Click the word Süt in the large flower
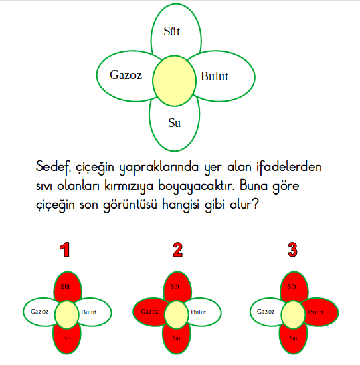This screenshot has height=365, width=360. point(172,31)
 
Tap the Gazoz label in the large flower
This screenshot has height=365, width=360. point(126,75)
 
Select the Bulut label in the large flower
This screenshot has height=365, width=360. point(214,76)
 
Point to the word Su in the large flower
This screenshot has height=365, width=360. point(174,123)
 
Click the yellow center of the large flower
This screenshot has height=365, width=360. point(174,81)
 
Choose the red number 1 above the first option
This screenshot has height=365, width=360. point(64,249)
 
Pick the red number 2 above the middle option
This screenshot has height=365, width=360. point(177,249)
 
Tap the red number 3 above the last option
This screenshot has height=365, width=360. point(292,249)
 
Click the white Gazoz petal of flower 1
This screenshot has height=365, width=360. point(38,312)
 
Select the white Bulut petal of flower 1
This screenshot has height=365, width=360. point(94,312)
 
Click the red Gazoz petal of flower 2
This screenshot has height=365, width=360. point(149,312)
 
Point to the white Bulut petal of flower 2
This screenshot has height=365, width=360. point(204,312)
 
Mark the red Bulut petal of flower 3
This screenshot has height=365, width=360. point(321,312)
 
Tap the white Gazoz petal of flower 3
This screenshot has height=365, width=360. point(265,312)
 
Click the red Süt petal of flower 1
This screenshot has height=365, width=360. point(68,286)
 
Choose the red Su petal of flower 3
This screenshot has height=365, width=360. point(293,339)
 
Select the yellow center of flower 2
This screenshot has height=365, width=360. point(177,314)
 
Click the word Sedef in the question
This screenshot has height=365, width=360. point(53,168)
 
